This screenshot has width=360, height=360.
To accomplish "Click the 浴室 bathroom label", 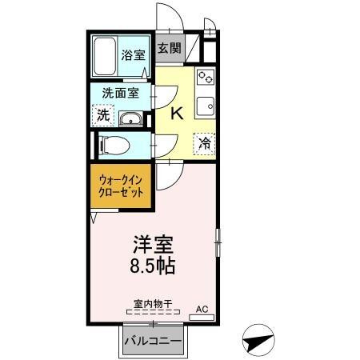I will coord(133,56).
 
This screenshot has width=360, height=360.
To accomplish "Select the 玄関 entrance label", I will coord(169,48).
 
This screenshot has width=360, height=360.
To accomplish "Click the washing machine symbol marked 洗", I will coord(102,115).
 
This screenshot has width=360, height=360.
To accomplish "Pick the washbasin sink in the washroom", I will coord(130,119).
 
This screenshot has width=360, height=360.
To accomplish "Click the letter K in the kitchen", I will coord(178,114).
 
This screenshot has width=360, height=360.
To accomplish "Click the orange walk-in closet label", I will coord(122,187).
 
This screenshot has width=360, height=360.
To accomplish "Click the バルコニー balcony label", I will coord(153,342).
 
